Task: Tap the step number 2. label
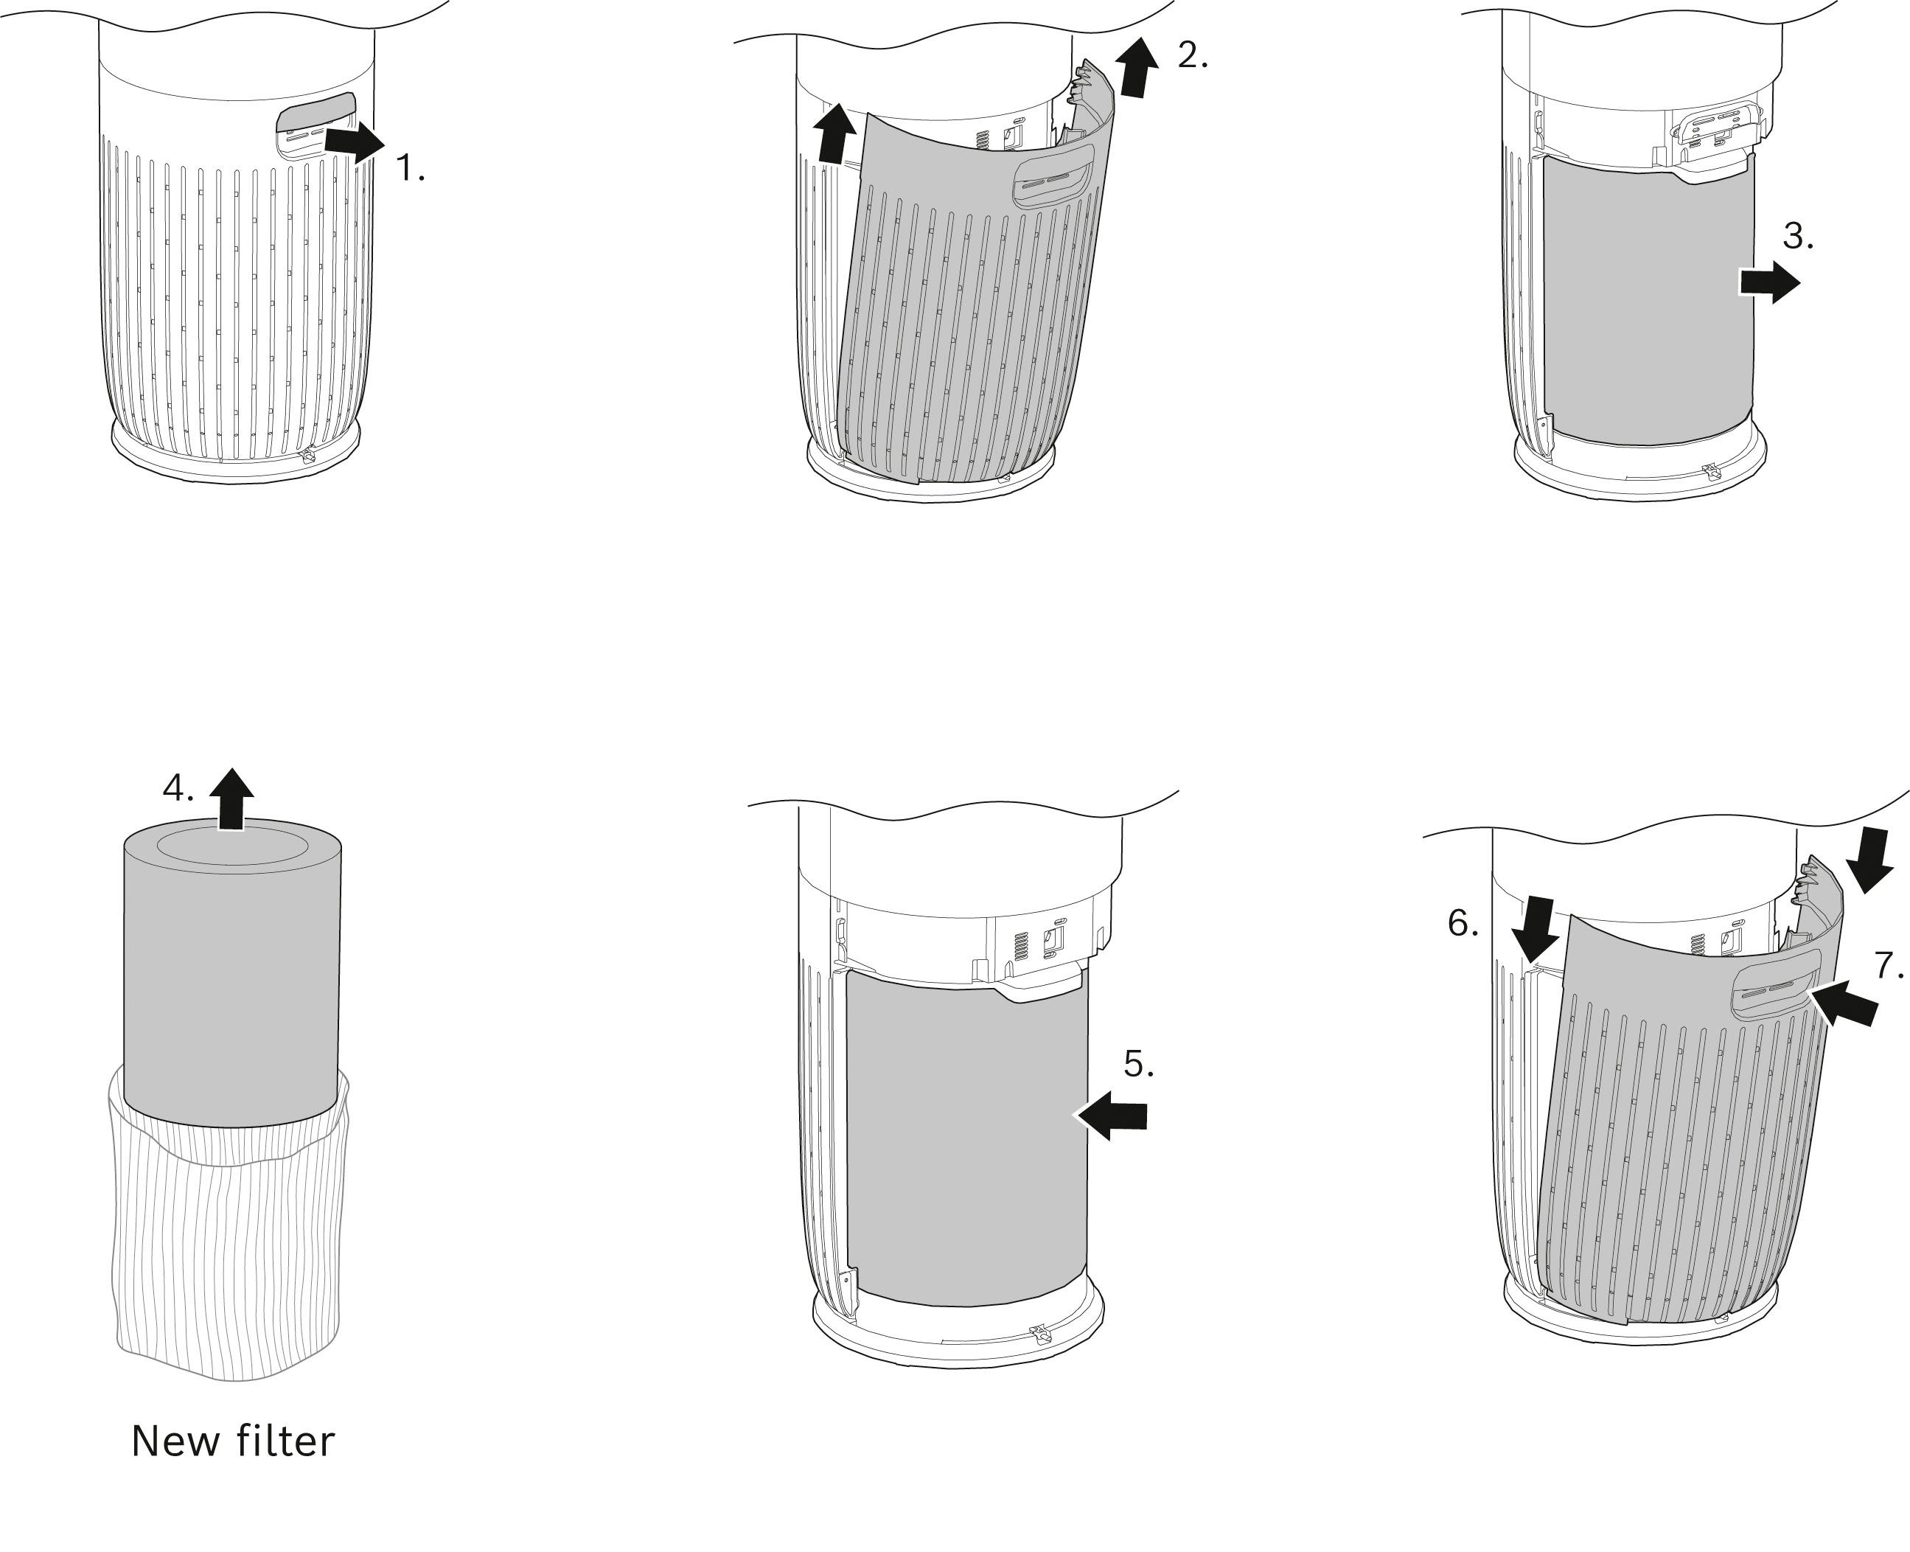coord(1192,56)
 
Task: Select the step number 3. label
coord(1797,237)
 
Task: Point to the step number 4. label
coord(178,788)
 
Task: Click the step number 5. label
coord(1139,1064)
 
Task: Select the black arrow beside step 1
coord(354,142)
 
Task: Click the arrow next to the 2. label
coord(1137,68)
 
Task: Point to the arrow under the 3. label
coord(1768,283)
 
